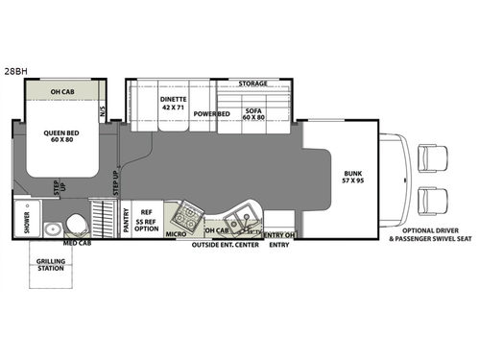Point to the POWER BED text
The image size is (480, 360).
(210, 113)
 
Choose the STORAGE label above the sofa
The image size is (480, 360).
(252, 84)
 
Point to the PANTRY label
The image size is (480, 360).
(125, 221)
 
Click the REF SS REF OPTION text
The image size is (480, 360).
(146, 221)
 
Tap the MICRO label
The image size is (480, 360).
(175, 233)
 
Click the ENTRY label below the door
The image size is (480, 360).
(278, 246)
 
